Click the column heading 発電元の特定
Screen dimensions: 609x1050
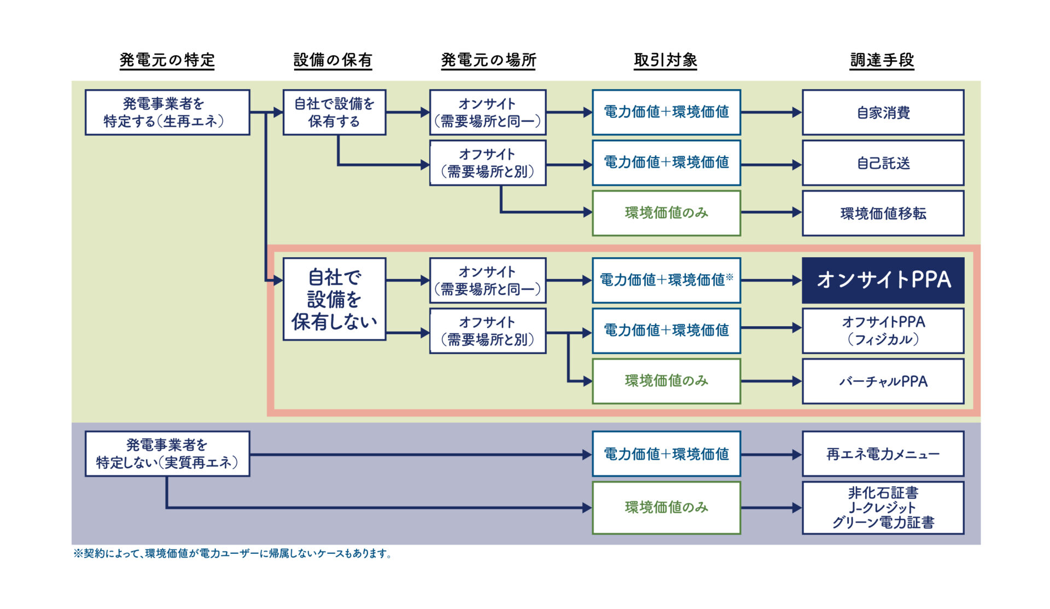click(x=167, y=60)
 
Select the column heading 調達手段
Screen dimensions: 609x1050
click(x=882, y=60)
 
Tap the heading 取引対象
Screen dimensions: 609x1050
click(x=665, y=60)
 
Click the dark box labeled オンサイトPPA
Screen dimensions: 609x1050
click(x=883, y=280)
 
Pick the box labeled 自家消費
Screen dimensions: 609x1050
click(x=883, y=113)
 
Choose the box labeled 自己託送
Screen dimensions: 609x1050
click(x=883, y=163)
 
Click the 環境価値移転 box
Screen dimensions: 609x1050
click(x=883, y=213)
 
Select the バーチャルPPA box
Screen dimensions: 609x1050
click(x=883, y=381)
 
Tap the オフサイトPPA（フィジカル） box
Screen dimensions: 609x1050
click(x=883, y=330)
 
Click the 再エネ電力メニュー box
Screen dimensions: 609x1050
click(x=883, y=454)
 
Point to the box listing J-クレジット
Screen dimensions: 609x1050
click(x=883, y=508)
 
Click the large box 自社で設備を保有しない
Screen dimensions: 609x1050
click(x=334, y=299)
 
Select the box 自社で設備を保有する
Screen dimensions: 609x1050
click(x=334, y=112)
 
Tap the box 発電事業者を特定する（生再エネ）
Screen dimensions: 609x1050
click(x=167, y=112)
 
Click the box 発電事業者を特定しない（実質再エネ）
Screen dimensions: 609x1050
click(x=167, y=454)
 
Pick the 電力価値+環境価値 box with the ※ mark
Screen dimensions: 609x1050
click(x=666, y=280)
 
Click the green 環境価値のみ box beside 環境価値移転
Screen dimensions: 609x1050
click(x=666, y=213)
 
